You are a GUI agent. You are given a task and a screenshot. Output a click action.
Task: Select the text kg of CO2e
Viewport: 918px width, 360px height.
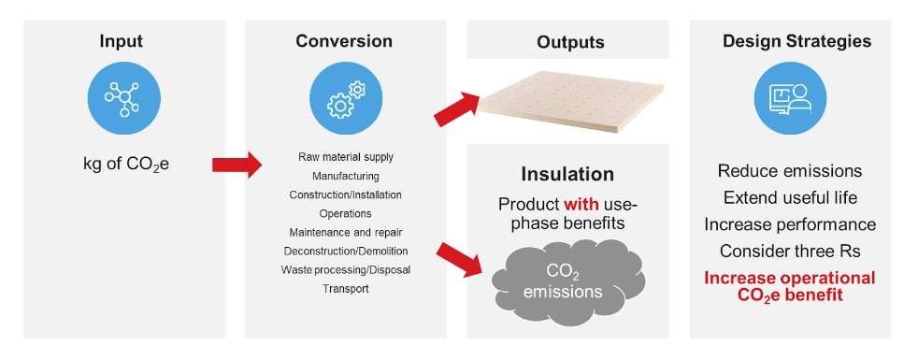[x=123, y=166]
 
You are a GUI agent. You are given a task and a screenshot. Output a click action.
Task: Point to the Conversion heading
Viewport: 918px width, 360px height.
[x=344, y=41]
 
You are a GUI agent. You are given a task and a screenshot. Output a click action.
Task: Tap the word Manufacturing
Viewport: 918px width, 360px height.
[x=346, y=175]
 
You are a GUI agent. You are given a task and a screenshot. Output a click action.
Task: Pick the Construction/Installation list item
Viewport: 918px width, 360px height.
[x=346, y=194]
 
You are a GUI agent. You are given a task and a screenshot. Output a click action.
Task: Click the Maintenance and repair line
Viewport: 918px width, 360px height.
[x=346, y=232]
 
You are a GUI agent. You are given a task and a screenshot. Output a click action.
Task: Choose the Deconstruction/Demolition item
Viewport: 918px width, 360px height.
[x=346, y=251]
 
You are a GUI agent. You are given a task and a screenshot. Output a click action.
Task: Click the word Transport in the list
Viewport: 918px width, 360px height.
[x=346, y=289]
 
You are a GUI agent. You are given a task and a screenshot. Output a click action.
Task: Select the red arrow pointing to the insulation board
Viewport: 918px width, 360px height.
[x=457, y=108]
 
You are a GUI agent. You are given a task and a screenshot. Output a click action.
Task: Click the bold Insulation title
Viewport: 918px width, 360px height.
[x=568, y=174]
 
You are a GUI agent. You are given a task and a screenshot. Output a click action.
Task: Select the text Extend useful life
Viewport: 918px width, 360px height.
[x=790, y=197]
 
